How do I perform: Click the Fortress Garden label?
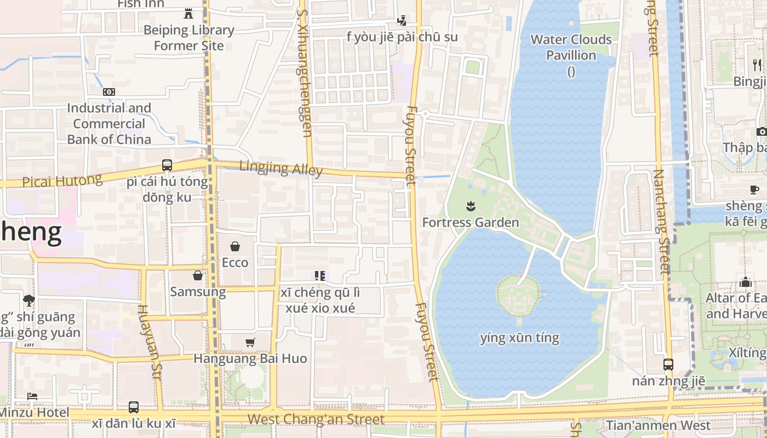[470, 222]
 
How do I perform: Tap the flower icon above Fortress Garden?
[470, 206]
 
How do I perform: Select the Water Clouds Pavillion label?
[571, 48]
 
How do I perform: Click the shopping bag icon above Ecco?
[235, 247]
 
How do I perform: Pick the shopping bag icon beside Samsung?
[198, 275]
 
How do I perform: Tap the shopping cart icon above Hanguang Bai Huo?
[250, 343]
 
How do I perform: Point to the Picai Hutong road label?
[62, 180]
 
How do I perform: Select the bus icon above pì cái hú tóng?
[167, 165]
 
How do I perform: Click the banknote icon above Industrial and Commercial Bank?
[109, 92]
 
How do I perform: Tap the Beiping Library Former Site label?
[188, 38]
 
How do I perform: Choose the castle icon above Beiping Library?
[188, 13]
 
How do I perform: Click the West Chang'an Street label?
[316, 419]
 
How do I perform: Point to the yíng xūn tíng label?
[520, 338]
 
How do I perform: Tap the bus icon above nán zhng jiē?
[668, 364]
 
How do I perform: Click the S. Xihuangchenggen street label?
[304, 71]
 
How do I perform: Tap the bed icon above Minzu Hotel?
[32, 396]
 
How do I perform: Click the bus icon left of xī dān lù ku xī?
[134, 407]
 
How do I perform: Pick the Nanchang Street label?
[662, 222]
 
